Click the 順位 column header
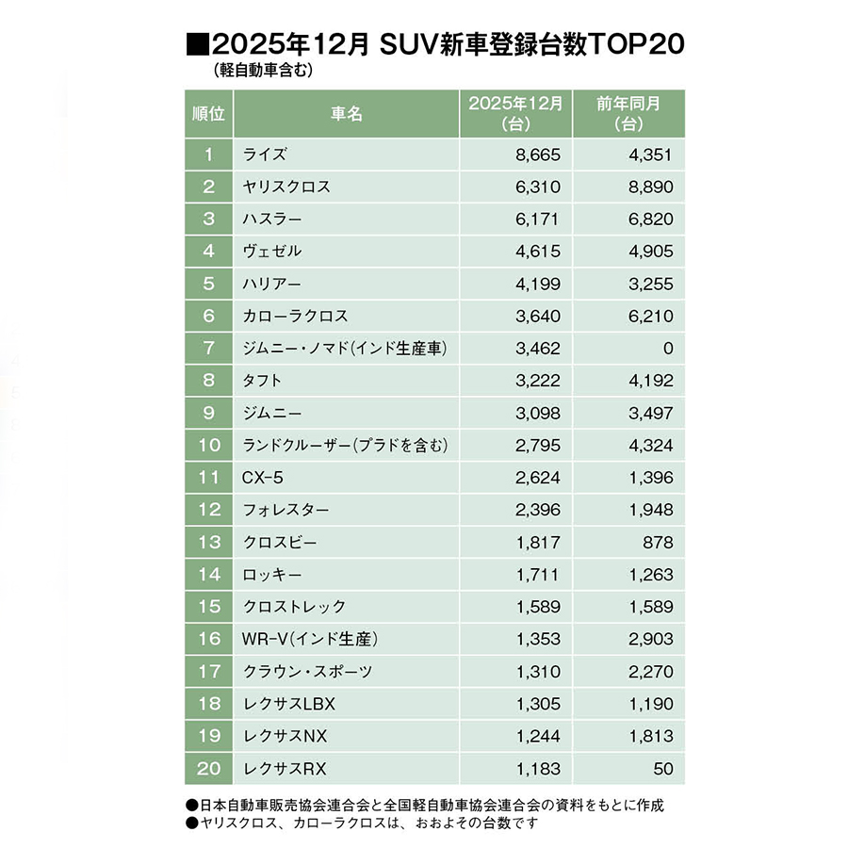[208, 113]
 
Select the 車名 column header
[346, 113]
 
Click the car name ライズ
[265, 155]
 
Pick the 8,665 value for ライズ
[538, 155]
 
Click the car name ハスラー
[272, 219]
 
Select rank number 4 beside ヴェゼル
[208, 252]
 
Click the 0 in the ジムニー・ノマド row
[668, 348]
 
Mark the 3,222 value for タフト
[538, 381]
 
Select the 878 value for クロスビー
[658, 542]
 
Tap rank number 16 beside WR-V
[208, 639]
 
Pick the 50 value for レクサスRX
[663, 768]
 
